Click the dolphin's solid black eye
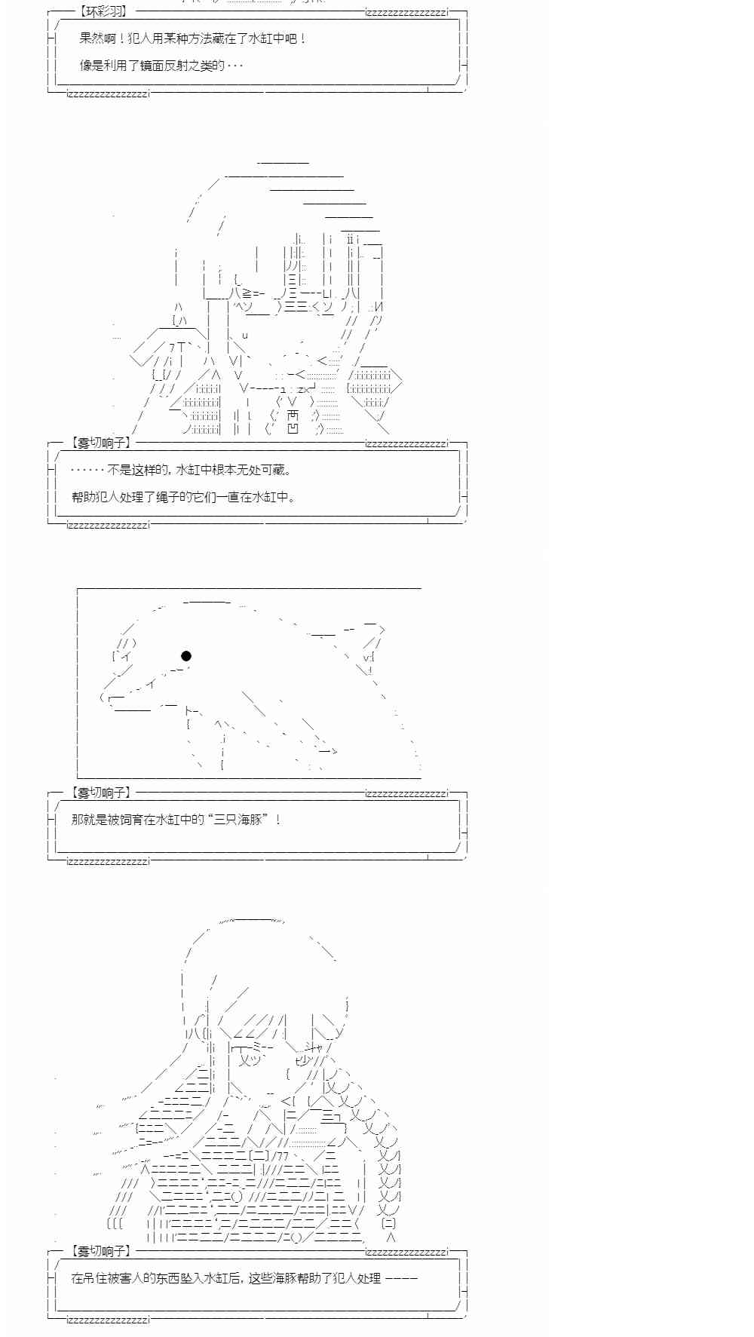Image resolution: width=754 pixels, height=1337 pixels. (185, 656)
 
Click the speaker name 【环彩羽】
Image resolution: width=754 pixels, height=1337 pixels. (103, 11)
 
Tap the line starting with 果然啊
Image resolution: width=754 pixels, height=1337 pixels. (193, 38)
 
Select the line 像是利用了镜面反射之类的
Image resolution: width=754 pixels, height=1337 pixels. (161, 66)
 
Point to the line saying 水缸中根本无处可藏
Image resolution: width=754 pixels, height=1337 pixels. (233, 470)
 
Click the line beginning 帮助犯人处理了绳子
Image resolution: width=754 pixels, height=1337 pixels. (183, 497)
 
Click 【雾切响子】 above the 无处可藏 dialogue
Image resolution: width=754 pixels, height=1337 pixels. (101, 443)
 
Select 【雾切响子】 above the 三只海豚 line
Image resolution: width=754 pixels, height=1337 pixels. (101, 793)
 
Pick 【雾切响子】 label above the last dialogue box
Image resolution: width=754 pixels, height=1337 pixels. (101, 1251)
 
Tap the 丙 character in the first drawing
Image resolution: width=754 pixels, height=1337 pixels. (293, 416)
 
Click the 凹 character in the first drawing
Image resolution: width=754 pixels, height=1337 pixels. (293, 429)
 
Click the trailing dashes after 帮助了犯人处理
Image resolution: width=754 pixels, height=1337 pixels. (401, 1278)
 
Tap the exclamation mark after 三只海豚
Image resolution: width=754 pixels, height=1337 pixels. (278, 819)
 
